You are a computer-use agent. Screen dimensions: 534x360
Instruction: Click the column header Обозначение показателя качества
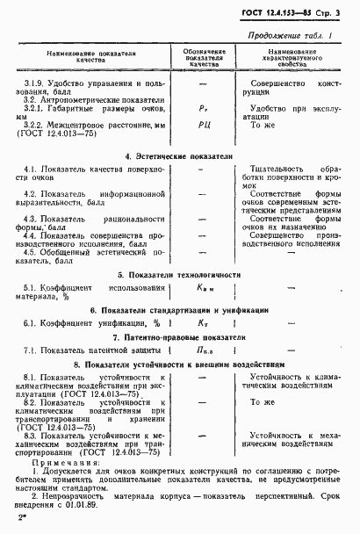[203, 58]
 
